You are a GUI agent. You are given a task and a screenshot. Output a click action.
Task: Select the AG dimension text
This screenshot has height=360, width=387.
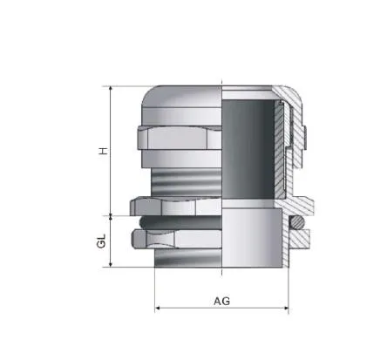(x=221, y=302)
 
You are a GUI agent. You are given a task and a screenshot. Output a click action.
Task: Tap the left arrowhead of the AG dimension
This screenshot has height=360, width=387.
(x=159, y=309)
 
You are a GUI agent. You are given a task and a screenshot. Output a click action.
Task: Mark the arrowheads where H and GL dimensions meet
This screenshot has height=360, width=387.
(x=112, y=215)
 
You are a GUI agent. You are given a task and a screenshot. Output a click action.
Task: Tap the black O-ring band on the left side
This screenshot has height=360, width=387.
(x=179, y=224)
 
